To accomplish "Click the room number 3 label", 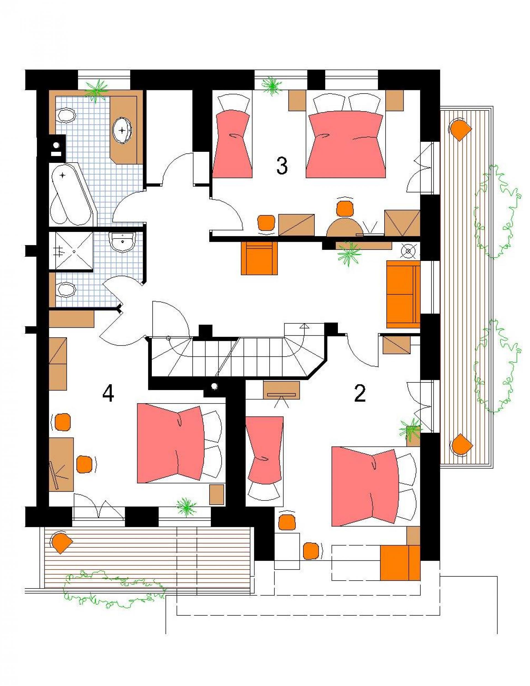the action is pyautogui.click(x=282, y=166).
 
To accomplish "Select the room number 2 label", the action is pyautogui.click(x=360, y=394).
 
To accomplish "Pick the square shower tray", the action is pyautogui.click(x=71, y=251).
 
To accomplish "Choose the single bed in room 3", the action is pyautogui.click(x=233, y=136).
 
